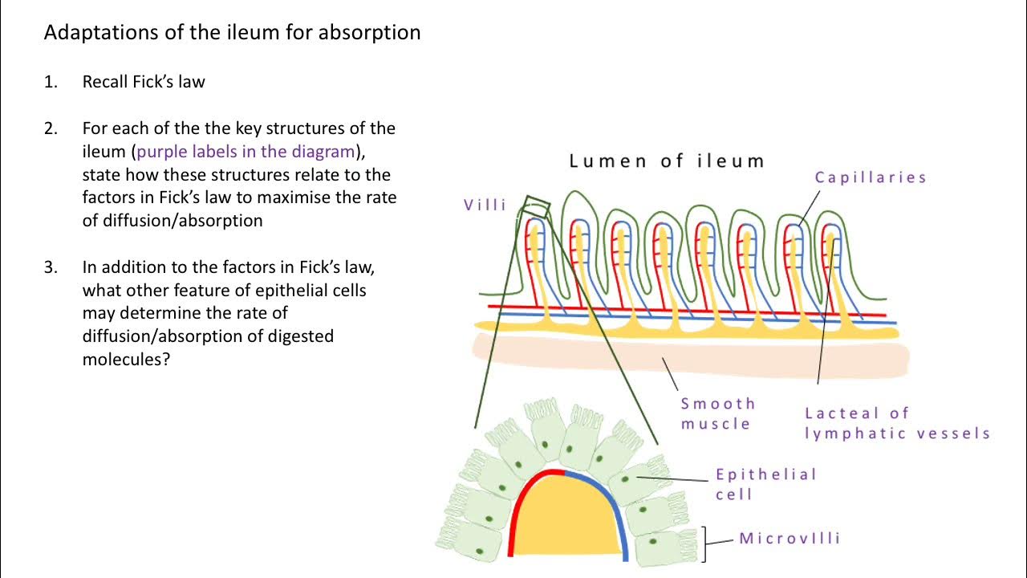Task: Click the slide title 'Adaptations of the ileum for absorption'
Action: click(x=232, y=33)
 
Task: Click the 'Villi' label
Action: click(x=485, y=205)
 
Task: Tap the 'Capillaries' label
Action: click(x=871, y=177)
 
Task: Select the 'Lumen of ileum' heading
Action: click(x=666, y=161)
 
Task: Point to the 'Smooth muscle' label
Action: click(x=718, y=413)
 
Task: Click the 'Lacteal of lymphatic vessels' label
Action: click(x=897, y=423)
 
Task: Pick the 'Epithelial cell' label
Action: click(x=765, y=483)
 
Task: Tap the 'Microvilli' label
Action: click(x=790, y=538)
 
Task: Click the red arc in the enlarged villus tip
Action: click(x=513, y=506)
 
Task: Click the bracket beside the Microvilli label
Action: click(x=705, y=543)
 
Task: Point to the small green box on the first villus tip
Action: click(x=536, y=207)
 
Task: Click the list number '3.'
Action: click(x=51, y=267)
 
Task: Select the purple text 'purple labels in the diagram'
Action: click(x=246, y=151)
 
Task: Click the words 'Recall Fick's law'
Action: click(x=144, y=82)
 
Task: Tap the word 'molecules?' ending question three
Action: click(x=126, y=360)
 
